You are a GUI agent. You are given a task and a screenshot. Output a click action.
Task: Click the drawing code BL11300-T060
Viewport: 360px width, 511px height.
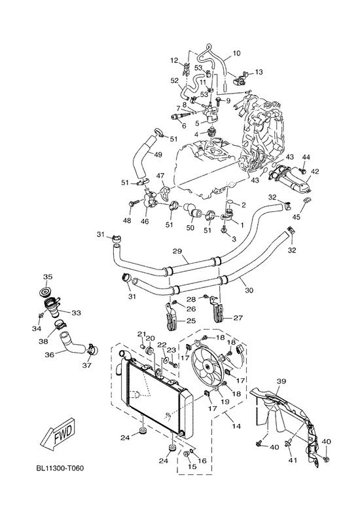click(x=60, y=468)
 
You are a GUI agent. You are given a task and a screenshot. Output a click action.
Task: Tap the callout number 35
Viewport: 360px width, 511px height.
click(x=48, y=277)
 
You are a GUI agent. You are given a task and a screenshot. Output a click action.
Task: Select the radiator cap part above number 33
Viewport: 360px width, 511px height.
click(x=45, y=292)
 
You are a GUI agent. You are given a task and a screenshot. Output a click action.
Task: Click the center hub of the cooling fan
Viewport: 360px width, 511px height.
click(x=207, y=366)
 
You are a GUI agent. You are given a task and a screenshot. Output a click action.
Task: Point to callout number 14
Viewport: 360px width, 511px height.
click(x=236, y=426)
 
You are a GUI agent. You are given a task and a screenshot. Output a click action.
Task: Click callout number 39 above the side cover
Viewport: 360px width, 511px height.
click(x=281, y=381)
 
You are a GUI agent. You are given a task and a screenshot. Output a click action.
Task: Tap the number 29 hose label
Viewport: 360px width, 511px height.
click(x=177, y=251)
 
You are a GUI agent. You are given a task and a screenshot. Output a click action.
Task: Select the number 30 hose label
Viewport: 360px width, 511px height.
click(x=249, y=290)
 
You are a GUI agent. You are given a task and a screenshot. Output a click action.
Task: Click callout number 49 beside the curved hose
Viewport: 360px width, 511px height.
click(x=158, y=155)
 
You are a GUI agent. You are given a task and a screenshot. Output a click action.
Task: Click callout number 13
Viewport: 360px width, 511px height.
click(x=259, y=72)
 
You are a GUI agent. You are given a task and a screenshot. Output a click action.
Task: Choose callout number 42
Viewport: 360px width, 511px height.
click(x=315, y=171)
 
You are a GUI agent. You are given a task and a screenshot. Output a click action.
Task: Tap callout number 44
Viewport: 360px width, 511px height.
click(x=306, y=157)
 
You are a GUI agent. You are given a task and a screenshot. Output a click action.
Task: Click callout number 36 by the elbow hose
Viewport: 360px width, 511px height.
click(x=50, y=355)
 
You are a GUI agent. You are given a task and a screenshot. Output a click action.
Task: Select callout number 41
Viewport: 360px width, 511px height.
click(x=293, y=460)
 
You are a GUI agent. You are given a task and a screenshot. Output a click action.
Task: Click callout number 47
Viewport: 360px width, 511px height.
click(x=160, y=176)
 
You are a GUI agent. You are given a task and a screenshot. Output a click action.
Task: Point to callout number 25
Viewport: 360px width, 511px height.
click(x=191, y=321)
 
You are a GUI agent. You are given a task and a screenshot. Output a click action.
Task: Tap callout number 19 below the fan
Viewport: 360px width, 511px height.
click(x=225, y=402)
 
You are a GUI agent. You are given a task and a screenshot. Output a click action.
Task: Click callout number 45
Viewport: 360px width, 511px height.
click(x=296, y=217)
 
